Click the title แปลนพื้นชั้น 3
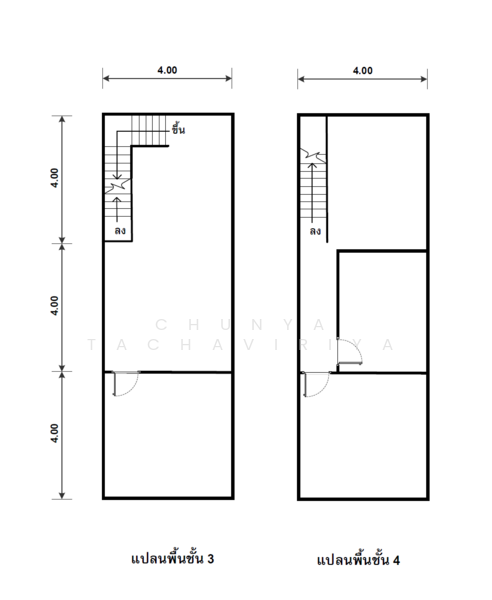point(172,559)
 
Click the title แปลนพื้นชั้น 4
point(358,560)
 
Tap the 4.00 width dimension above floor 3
point(167,70)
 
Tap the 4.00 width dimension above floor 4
point(363,70)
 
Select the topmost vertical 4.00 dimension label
point(54,178)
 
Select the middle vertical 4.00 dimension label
point(54,306)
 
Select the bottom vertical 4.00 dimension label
point(54,433)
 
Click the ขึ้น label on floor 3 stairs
point(178,129)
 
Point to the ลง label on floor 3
point(120,231)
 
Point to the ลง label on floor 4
point(315,231)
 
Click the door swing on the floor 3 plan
point(125,383)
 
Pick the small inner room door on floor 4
point(349,352)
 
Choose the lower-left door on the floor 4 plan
point(316,384)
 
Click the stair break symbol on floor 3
point(118,186)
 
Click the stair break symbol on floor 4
point(313,155)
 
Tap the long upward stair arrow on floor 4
point(313,193)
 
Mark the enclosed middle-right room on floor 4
point(383,311)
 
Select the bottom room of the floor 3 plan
point(168,435)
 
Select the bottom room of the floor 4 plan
point(363,436)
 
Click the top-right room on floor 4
point(377,183)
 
